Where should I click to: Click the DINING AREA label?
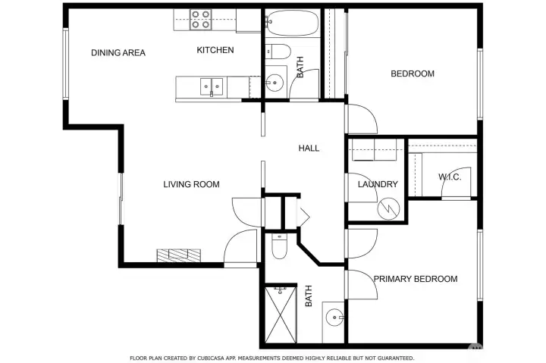pos(118,52)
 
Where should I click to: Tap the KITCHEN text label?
pos(215,51)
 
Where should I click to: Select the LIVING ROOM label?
pos(192,184)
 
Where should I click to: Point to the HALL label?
pos(309,149)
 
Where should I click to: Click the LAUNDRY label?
pos(378,184)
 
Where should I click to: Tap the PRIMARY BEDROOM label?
pos(415,279)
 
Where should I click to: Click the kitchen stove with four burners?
pos(200,19)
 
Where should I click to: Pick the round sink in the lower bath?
pos(334,317)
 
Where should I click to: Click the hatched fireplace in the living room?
pos(179,255)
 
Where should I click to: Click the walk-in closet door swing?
pos(457,184)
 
